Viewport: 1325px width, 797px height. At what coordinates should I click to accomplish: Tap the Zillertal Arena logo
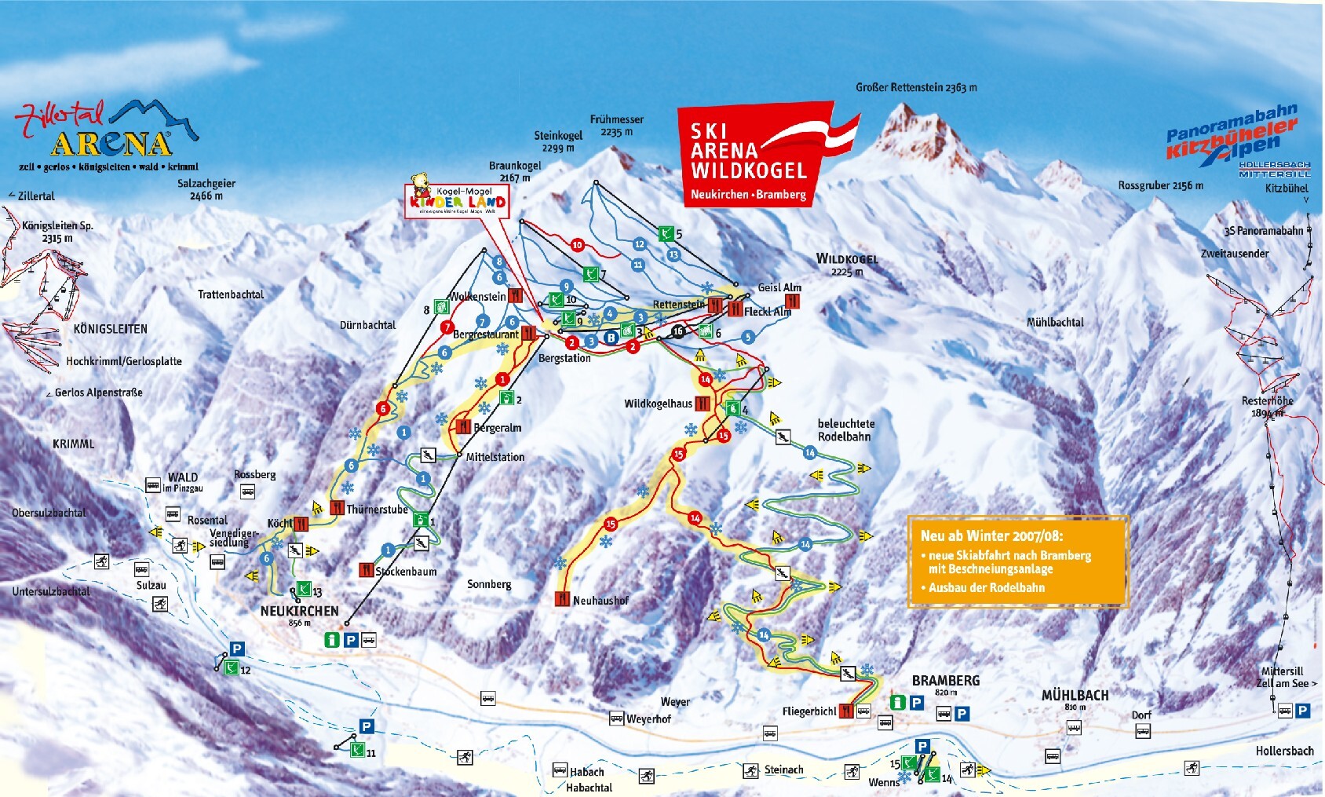pyautogui.click(x=106, y=133)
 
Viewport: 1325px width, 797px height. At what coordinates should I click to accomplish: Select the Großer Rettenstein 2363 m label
pyautogui.click(x=916, y=88)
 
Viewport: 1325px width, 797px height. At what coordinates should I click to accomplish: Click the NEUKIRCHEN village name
pyautogui.click(x=299, y=611)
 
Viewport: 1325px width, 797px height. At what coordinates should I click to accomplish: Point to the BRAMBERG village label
pyautogui.click(x=945, y=681)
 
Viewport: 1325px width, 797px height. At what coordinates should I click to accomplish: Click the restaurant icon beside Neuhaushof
pyautogui.click(x=562, y=599)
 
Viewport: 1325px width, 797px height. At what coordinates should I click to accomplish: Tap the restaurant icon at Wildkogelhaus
pyautogui.click(x=702, y=404)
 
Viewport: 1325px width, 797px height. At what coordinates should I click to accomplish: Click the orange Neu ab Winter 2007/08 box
pyautogui.click(x=1017, y=561)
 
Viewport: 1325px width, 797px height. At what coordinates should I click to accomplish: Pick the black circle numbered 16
pyautogui.click(x=678, y=331)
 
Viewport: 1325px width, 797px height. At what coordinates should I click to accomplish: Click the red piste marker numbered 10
pyautogui.click(x=578, y=245)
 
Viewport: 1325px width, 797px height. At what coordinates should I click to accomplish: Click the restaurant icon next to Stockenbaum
pyautogui.click(x=367, y=570)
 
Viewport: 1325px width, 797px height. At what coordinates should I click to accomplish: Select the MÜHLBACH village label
pyautogui.click(x=1075, y=696)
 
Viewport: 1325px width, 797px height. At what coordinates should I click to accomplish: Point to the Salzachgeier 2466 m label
pyautogui.click(x=206, y=189)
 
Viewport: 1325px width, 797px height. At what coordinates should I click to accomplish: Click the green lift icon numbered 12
pyautogui.click(x=232, y=668)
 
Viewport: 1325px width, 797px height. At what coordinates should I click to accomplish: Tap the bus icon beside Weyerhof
pyautogui.click(x=617, y=718)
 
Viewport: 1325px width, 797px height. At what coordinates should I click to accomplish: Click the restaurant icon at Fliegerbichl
pyautogui.click(x=846, y=711)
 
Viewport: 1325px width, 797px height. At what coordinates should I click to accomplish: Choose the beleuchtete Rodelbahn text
pyautogui.click(x=845, y=430)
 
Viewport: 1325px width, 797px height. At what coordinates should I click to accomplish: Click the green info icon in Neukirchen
pyautogui.click(x=333, y=640)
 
